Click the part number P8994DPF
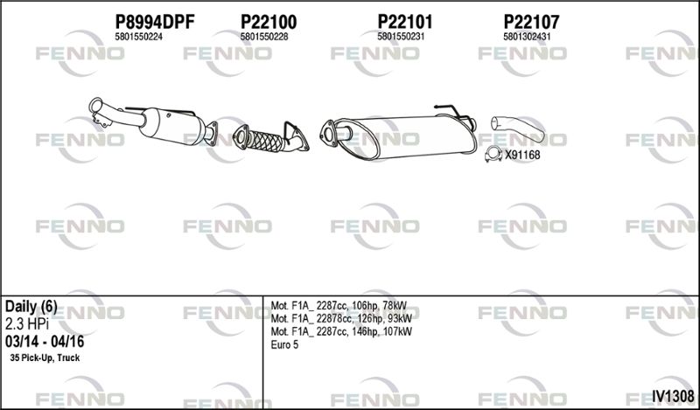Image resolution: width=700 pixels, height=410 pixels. click(x=155, y=22)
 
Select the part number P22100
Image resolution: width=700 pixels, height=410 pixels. click(x=269, y=22)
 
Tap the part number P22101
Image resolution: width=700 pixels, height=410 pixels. click(x=405, y=22)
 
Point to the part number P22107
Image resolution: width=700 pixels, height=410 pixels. click(x=531, y=22)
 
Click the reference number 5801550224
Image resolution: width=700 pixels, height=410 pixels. click(x=138, y=37)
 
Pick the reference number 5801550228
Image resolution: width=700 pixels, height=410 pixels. click(x=264, y=37)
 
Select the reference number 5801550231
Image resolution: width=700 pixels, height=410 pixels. click(x=401, y=37)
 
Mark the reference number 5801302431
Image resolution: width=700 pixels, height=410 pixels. click(x=527, y=37)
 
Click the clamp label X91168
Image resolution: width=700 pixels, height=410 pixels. click(x=522, y=156)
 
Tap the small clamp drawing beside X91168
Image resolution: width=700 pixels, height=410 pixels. click(x=493, y=155)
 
